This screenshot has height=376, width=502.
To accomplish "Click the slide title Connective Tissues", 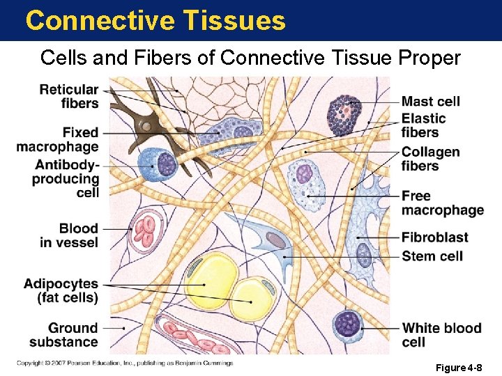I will [x=155, y=20].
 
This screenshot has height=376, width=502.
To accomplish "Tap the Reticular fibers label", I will [x=69, y=96].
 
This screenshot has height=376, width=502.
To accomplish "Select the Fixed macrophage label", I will [x=58, y=139].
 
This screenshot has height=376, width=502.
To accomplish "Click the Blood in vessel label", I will [x=69, y=235].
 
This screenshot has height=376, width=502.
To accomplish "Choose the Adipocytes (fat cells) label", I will [x=61, y=291].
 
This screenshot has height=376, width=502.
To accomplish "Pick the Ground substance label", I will [x=63, y=335].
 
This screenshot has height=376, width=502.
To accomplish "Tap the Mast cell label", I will [x=430, y=101].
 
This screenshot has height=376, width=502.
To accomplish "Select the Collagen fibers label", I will [x=430, y=159].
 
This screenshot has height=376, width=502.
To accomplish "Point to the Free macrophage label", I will [x=442, y=203].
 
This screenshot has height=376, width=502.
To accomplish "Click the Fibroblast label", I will [x=434, y=237].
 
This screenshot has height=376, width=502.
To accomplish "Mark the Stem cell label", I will [x=432, y=256].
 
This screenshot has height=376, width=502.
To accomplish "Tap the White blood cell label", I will [x=441, y=335].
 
